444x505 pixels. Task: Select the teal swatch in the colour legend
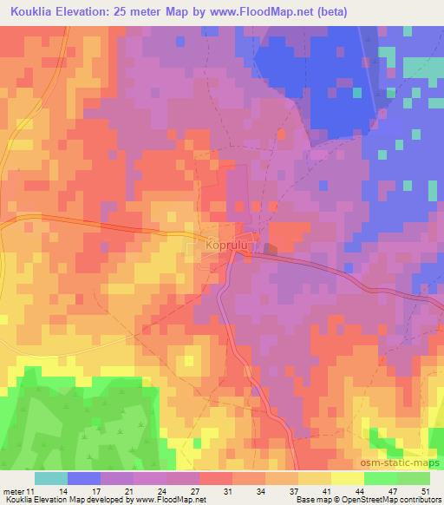pos(51,478)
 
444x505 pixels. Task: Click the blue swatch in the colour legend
pos(84,478)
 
